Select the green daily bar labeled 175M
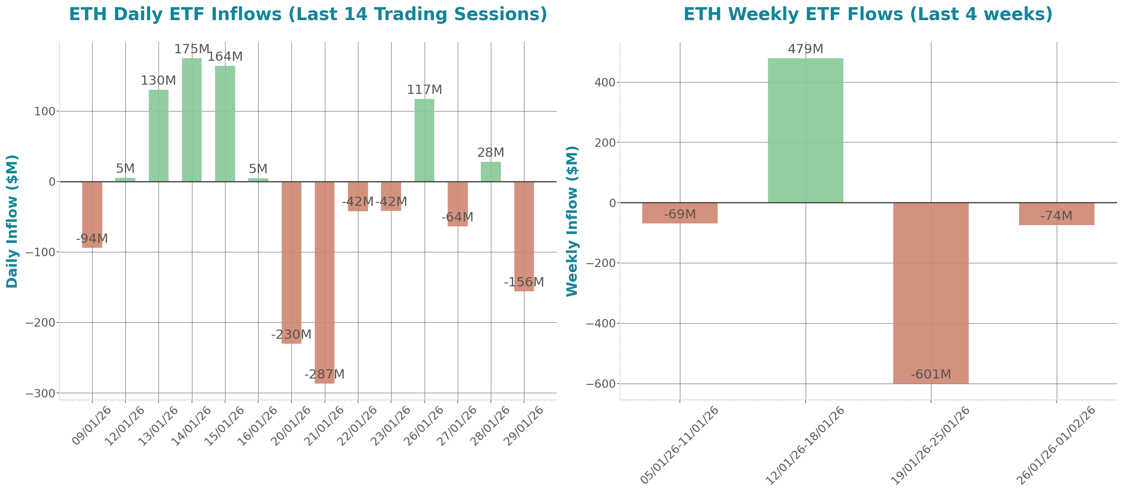(x=192, y=120)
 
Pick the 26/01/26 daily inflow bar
(x=424, y=140)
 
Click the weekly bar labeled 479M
(x=805, y=130)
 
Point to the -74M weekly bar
(x=1056, y=214)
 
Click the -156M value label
(x=524, y=283)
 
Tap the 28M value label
(x=490, y=153)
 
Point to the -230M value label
(x=291, y=335)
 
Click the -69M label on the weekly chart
(x=680, y=215)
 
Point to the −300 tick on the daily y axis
(x=41, y=394)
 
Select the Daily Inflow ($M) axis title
(x=12, y=221)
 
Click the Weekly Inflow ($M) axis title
(x=571, y=221)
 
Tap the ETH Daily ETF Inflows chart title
(x=308, y=14)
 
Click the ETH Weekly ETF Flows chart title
(x=868, y=14)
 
